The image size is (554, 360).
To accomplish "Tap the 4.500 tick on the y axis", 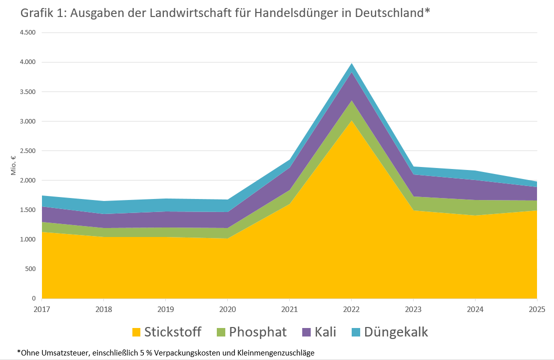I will pyautogui.click(x=27, y=33).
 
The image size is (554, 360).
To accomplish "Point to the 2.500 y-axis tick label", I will pyautogui.click(x=27, y=151).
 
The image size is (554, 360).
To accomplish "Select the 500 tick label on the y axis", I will pyautogui.click(x=30, y=269).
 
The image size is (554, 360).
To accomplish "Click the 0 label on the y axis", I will pyautogui.click(x=33, y=298).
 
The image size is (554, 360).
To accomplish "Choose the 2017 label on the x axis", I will pyautogui.click(x=42, y=309).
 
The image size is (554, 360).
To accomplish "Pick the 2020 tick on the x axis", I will pyautogui.click(x=228, y=309).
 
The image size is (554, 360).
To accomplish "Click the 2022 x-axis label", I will pyautogui.click(x=351, y=309).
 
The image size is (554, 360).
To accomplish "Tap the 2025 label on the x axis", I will pyautogui.click(x=537, y=309).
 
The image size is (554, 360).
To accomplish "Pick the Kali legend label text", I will pyautogui.click(x=325, y=332).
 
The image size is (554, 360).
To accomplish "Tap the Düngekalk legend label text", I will pyautogui.click(x=396, y=332).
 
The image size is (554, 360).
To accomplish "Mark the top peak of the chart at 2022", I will pyautogui.click(x=351, y=64).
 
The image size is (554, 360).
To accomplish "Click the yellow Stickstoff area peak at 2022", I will pyautogui.click(x=351, y=121).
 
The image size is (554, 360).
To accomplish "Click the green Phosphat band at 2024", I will pyautogui.click(x=475, y=207).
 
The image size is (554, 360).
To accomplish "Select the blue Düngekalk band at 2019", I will pyautogui.click(x=166, y=205).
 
